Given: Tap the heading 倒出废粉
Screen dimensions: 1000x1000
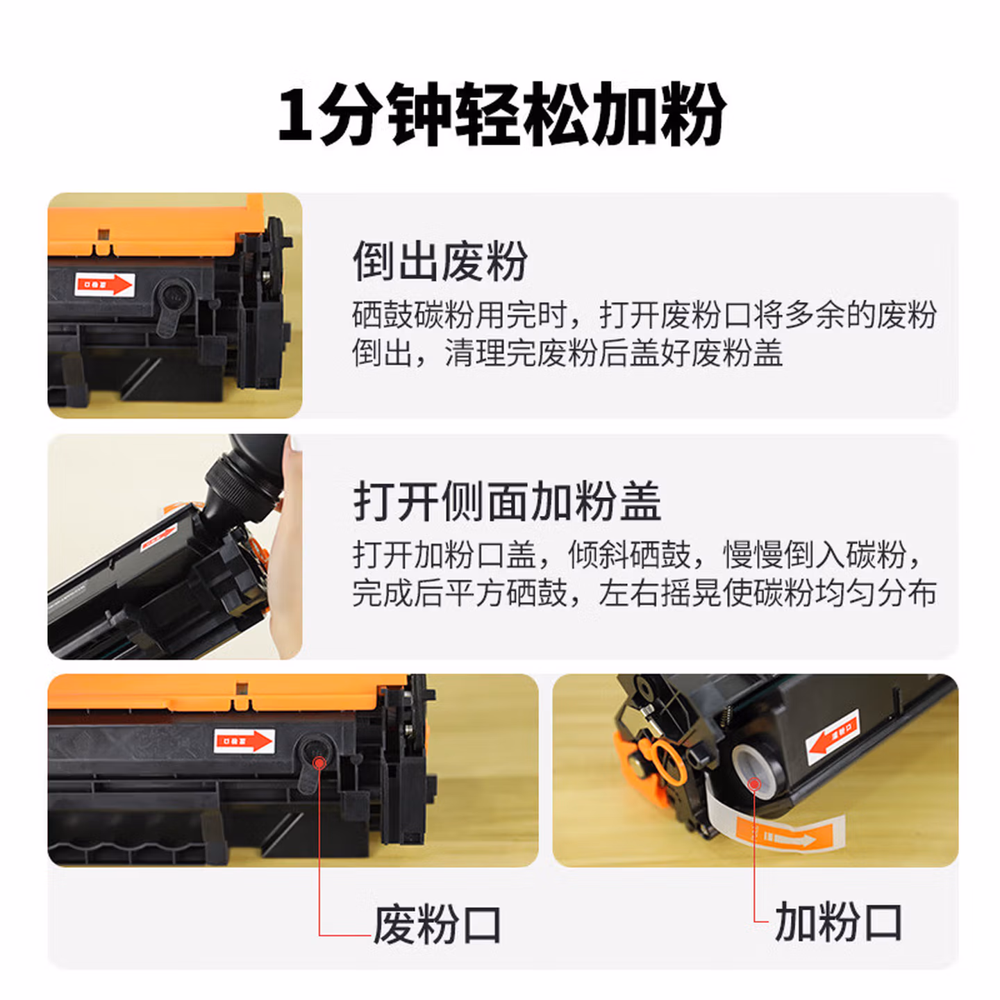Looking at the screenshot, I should pos(440,262).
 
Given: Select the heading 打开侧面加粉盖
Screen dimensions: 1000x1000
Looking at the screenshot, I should pos(507,501).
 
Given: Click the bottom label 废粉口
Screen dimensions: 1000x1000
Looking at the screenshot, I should pos(437,924).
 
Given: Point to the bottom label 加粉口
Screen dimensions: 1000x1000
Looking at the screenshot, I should pos(838,922).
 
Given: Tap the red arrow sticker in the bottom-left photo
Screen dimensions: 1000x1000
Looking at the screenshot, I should pos(244,741).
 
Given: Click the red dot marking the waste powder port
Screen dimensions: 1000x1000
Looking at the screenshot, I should pos(319,763).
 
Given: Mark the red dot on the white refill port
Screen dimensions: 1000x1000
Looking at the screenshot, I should pos(754,785).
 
